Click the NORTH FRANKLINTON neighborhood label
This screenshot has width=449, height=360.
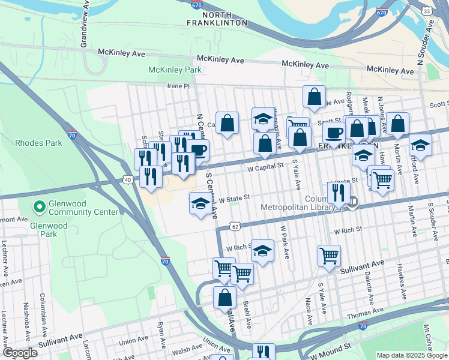coord(224,18)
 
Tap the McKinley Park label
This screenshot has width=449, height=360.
coord(175,70)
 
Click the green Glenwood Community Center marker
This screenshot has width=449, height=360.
coord(40,207)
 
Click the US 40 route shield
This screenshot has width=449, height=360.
coord(128,179)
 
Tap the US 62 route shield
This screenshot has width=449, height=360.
coord(235,226)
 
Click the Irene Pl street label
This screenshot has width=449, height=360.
coord(178,86)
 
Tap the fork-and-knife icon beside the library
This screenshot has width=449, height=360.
coord(339,192)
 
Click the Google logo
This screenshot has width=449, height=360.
coord(19,353)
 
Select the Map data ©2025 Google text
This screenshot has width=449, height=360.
coord(412,355)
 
